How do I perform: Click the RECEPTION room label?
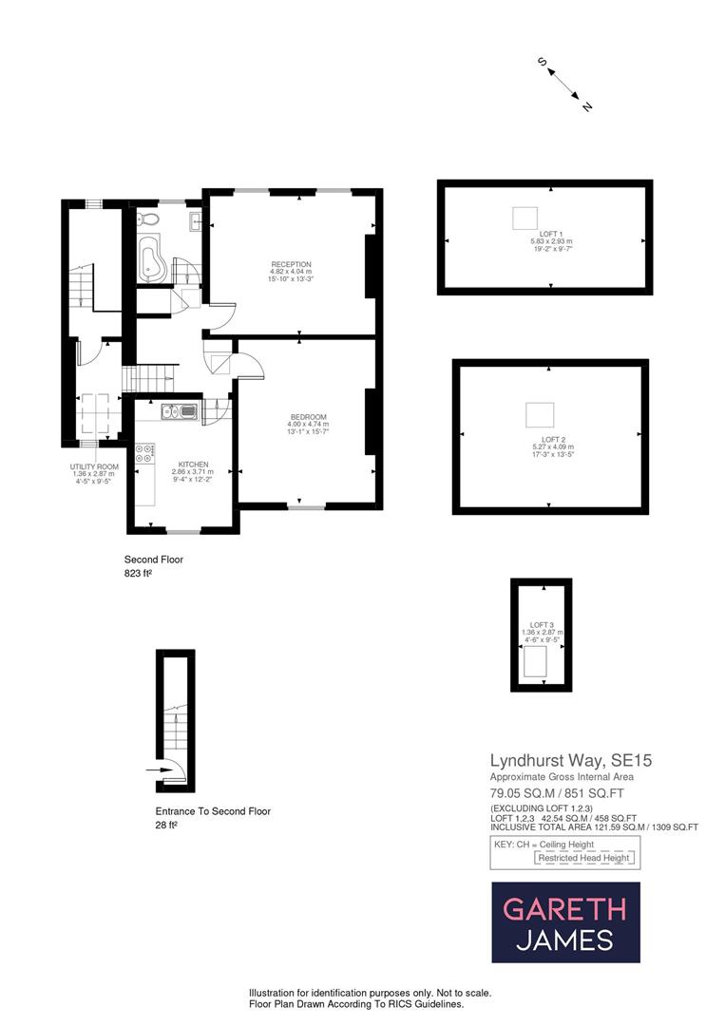(291, 264)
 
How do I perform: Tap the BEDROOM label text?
(309, 417)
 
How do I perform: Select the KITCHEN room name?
(189, 465)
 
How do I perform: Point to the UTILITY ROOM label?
(94, 467)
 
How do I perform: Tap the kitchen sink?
(180, 411)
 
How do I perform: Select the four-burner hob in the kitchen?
(146, 455)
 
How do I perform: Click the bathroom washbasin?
(194, 222)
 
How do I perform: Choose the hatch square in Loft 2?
(540, 414)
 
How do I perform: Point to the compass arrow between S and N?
(565, 84)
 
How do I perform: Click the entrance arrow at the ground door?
(155, 770)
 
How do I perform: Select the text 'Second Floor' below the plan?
(154, 560)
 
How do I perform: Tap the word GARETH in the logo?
(564, 909)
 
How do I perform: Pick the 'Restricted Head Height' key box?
(583, 858)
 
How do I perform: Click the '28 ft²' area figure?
(166, 826)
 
